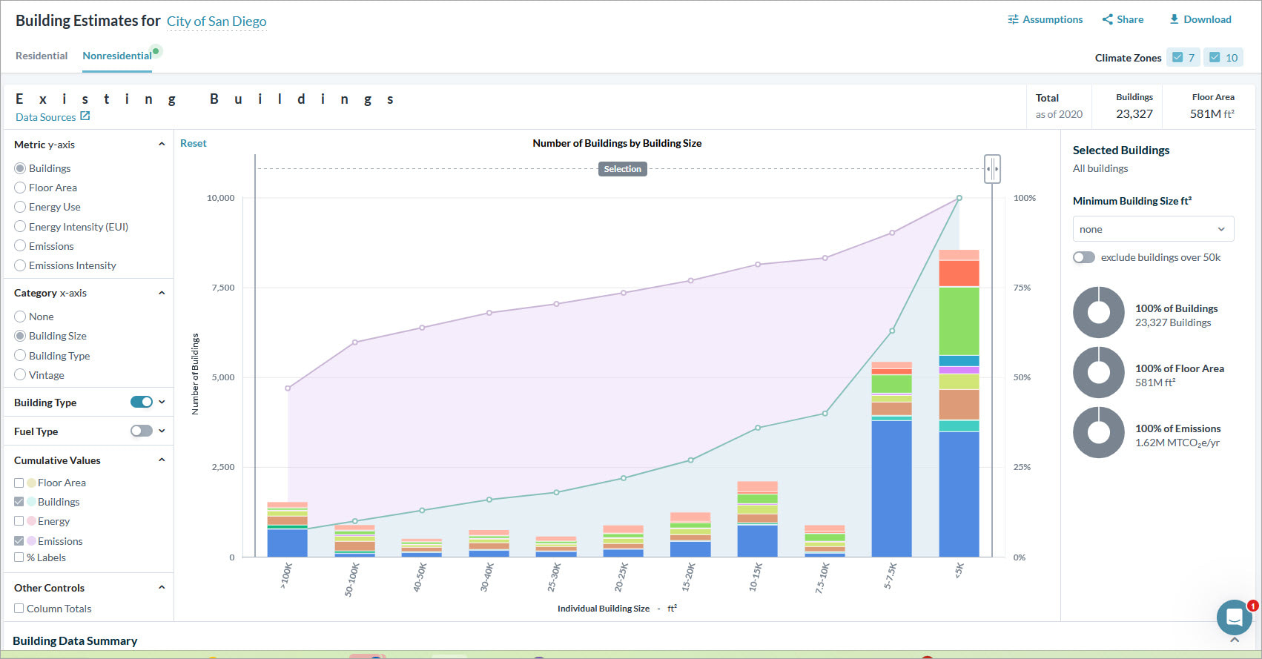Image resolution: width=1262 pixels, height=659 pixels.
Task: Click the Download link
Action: click(1200, 19)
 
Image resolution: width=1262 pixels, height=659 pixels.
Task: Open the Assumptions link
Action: click(1045, 19)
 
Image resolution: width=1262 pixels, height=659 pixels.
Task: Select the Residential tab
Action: click(42, 56)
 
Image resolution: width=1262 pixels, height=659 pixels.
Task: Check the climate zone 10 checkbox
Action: click(1215, 57)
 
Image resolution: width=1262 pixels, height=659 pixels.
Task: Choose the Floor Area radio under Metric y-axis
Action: click(20, 188)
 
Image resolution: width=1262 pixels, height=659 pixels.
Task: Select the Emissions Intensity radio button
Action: click(20, 265)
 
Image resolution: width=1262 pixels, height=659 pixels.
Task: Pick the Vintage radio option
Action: click(20, 375)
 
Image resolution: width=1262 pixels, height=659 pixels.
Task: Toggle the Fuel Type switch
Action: click(141, 431)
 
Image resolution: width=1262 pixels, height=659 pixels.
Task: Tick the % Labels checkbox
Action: click(19, 557)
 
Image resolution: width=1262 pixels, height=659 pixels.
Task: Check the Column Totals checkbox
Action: click(19, 609)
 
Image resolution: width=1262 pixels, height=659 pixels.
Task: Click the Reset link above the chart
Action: click(193, 143)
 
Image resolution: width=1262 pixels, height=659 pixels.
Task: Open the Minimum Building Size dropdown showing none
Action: click(1153, 229)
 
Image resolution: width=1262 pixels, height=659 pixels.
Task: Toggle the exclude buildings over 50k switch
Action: click(1083, 257)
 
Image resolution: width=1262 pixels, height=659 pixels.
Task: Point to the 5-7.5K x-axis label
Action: click(891, 576)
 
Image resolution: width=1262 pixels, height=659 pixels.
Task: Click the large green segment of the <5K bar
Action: click(959, 321)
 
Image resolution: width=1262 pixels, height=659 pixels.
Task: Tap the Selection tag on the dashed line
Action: click(622, 169)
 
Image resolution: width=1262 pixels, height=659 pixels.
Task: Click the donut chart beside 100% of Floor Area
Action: click(1098, 372)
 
